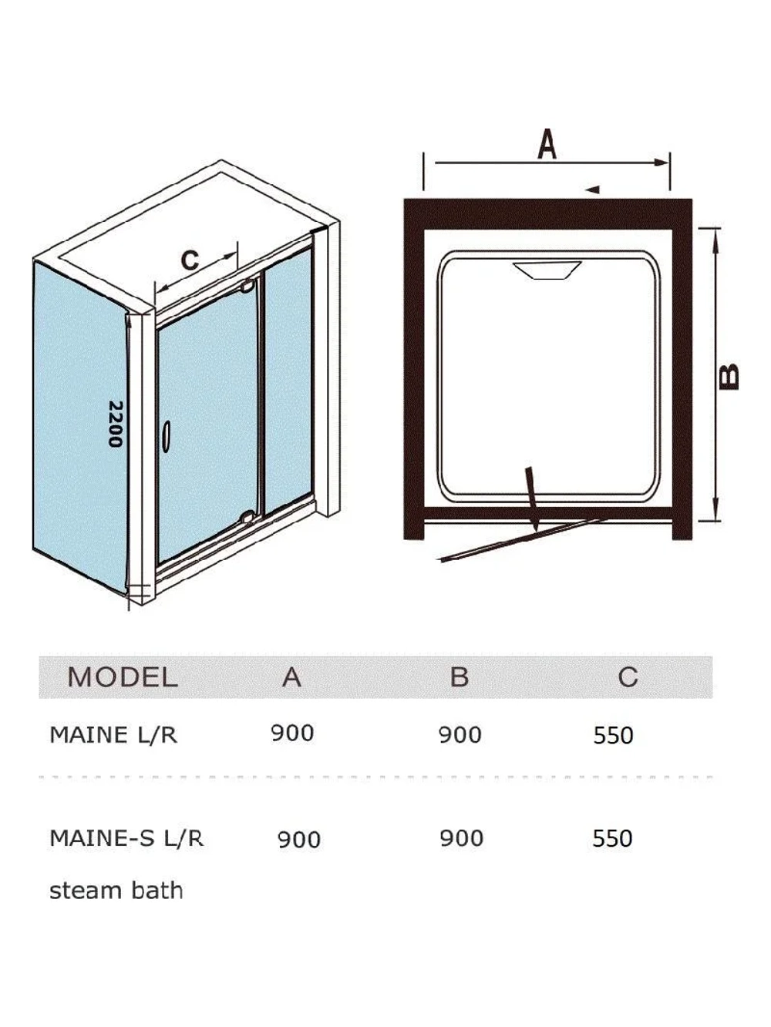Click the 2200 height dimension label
click(115, 424)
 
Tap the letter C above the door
click(190, 260)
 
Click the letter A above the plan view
click(547, 144)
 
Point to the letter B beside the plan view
click(729, 376)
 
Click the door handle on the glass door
click(166, 436)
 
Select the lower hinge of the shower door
click(247, 516)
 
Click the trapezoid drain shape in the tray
click(547, 270)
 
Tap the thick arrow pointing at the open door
click(533, 500)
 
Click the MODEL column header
click(123, 676)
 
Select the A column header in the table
click(291, 676)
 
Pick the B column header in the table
click(460, 676)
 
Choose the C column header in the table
click(628, 676)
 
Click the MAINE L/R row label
click(113, 735)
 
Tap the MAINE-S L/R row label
click(126, 838)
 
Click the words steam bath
click(116, 891)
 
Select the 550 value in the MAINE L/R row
click(613, 736)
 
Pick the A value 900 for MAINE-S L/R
click(299, 839)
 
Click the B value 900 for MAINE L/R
click(460, 735)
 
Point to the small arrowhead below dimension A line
click(592, 190)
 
